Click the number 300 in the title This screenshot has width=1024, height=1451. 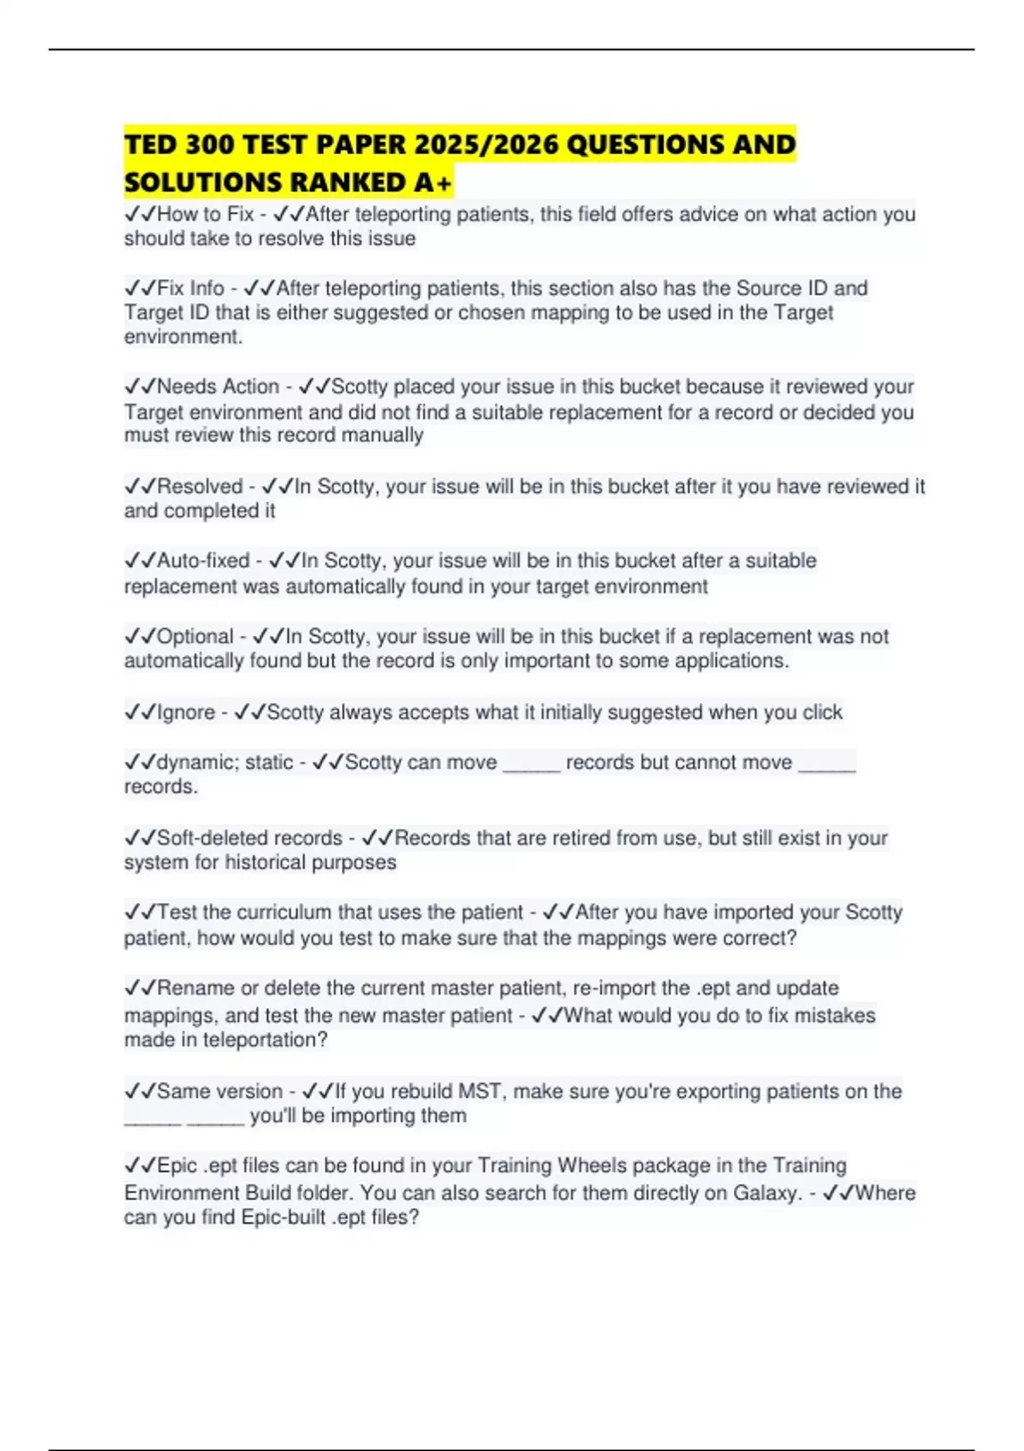coord(210,144)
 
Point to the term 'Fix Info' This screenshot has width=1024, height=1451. coord(190,288)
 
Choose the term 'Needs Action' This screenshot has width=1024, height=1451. coord(218,387)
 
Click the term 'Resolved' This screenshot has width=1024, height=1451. coord(200,487)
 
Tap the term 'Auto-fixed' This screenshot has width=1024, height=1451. coord(203,561)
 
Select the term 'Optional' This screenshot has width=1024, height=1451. coord(195,637)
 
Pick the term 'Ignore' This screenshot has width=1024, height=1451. coord(186,712)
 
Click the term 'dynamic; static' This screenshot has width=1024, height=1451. coord(224,762)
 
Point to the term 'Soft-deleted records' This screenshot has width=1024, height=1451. coord(249,838)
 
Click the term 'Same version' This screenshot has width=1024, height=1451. coord(219,1092)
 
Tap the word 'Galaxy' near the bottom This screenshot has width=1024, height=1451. coord(767,1193)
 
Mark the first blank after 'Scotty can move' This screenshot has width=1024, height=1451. coord(532,765)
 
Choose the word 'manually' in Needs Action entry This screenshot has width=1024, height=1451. coord(381,435)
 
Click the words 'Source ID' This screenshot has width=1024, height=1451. coord(778,288)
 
